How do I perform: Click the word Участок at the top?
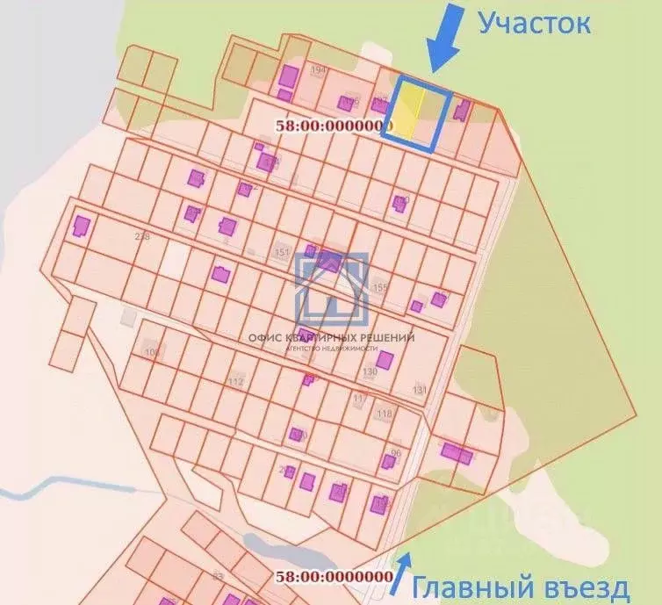[x=534, y=23]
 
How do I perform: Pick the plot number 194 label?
[x=318, y=69]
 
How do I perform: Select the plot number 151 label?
[x=282, y=254]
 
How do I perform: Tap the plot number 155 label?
[x=379, y=287]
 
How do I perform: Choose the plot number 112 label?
[x=235, y=382]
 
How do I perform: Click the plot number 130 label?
[x=370, y=372]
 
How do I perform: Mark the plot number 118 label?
[x=384, y=414]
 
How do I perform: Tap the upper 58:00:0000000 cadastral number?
[x=335, y=126]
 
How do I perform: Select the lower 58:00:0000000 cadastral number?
[x=334, y=576]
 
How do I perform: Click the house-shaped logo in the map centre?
[x=331, y=287]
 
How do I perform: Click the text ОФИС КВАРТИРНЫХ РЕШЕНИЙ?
[x=331, y=336]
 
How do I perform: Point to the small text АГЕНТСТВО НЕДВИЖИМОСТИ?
[x=331, y=348]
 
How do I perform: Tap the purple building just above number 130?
[x=385, y=358]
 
